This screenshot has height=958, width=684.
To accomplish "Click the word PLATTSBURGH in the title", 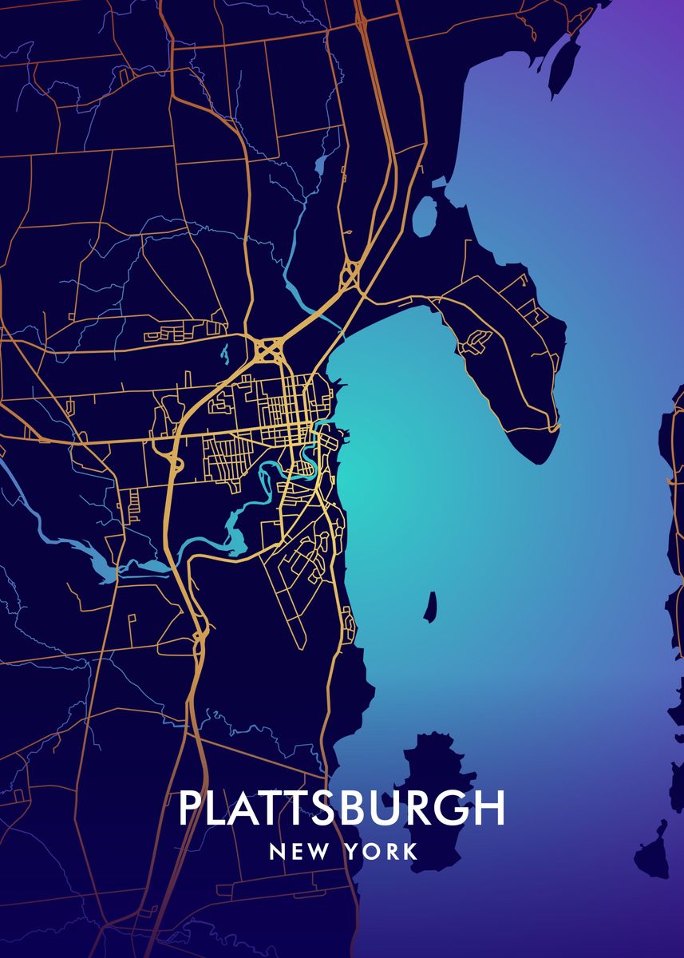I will click(x=342, y=808).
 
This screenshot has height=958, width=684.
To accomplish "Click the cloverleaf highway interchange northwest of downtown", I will click(x=269, y=349).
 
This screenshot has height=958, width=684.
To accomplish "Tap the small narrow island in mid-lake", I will click(x=431, y=607).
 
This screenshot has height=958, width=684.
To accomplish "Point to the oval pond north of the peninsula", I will click(x=425, y=215).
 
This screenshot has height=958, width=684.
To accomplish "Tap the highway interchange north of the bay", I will click(x=349, y=275).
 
